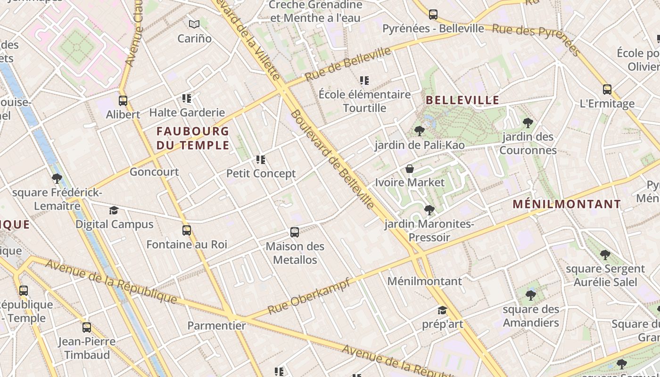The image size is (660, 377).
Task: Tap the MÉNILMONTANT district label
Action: tap(567, 204)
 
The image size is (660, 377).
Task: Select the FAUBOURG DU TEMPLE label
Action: tap(193, 138)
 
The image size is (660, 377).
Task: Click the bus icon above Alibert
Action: tap(123, 100)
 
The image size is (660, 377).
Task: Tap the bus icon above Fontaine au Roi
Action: tap(187, 230)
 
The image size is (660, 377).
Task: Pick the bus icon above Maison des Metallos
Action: tap(295, 232)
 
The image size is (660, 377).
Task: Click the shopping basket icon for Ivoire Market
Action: tap(410, 169)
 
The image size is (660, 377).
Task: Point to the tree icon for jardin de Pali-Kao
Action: tap(419, 131)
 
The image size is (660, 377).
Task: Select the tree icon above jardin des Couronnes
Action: tap(528, 123)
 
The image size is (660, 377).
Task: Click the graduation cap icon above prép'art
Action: tap(442, 310)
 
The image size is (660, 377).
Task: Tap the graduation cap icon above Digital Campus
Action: tap(114, 210)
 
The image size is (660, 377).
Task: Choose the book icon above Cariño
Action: tap(194, 24)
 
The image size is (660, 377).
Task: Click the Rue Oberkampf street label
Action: tap(309, 296)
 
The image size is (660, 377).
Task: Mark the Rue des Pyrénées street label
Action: tap(536, 35)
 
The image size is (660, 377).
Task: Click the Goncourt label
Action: tap(154, 172)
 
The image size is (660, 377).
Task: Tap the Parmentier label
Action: tap(217, 326)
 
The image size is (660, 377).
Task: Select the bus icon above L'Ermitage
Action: tap(607, 89)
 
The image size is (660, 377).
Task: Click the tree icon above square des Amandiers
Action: tap(531, 295)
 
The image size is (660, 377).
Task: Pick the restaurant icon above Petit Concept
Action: tap(261, 160)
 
